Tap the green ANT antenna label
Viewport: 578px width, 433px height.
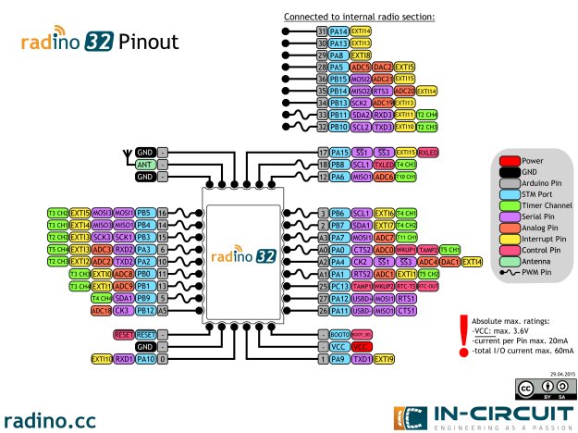[144, 164]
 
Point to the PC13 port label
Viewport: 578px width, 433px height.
[338, 286]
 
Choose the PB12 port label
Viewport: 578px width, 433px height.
[144, 310]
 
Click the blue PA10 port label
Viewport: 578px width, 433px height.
[144, 357]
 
